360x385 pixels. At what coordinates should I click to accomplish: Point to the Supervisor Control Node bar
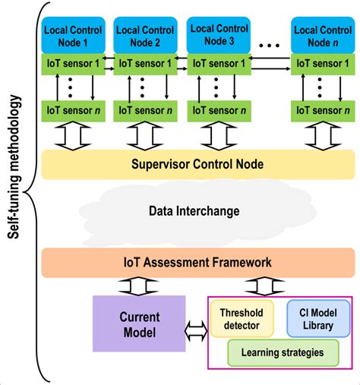coord(197,163)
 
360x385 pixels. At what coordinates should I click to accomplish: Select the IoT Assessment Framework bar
coord(197,262)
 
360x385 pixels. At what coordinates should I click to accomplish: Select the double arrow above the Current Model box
coord(138,286)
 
